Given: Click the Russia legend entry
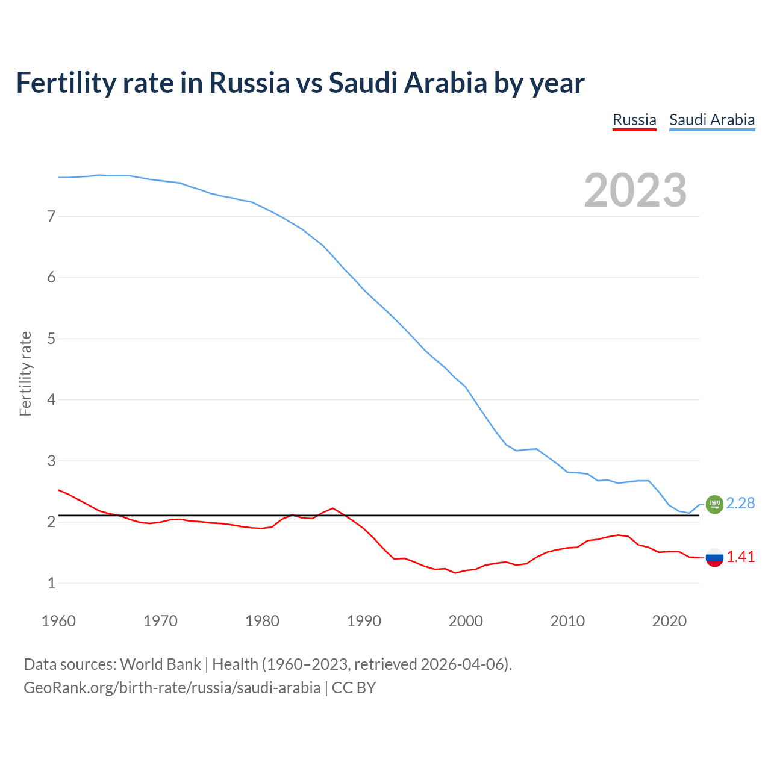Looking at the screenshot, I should click(634, 120).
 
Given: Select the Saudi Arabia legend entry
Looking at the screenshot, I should click(712, 120).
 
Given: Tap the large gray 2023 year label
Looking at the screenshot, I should click(635, 190).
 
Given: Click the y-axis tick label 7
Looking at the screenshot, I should click(51, 216).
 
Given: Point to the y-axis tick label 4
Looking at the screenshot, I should click(51, 399).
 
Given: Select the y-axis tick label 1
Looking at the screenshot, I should click(51, 583).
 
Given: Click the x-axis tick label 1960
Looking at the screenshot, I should click(58, 621).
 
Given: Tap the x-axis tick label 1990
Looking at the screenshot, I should click(364, 621).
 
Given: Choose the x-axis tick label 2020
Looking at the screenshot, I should click(669, 621).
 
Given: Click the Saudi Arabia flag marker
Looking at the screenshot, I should click(714, 504).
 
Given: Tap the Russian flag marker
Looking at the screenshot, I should click(714, 558).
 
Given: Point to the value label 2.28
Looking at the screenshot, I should click(740, 503).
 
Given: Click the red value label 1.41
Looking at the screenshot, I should click(740, 557).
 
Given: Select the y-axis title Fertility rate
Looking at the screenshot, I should click(25, 373).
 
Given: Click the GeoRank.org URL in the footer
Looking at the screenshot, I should click(172, 688).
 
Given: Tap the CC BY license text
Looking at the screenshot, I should click(354, 688).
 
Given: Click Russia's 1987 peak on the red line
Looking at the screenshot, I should click(333, 508).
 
